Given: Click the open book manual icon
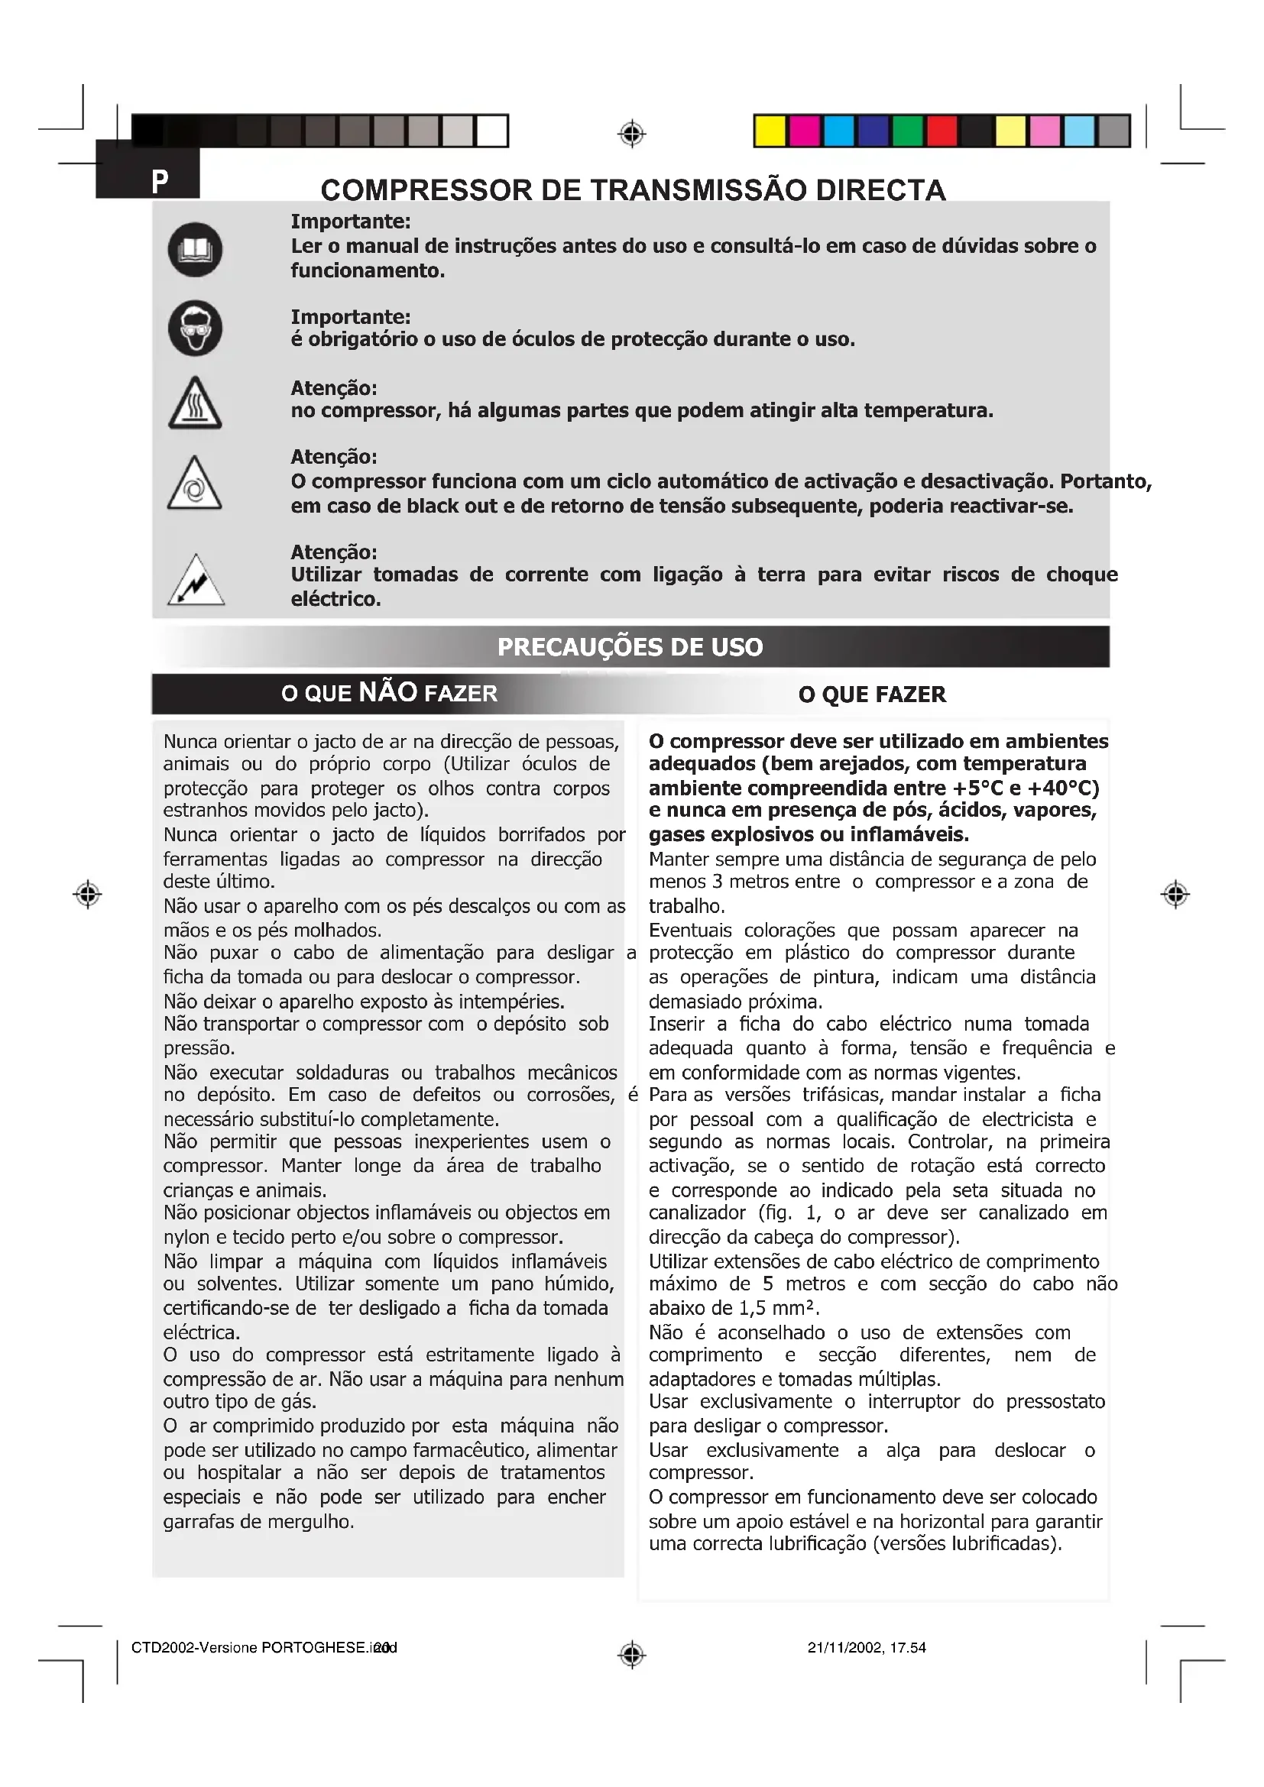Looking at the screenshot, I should click(x=195, y=250).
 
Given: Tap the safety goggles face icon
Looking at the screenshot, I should click(x=195, y=329).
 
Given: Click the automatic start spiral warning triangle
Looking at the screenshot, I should click(x=194, y=485).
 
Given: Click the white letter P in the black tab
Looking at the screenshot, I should click(x=160, y=181).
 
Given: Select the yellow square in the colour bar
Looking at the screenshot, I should click(x=770, y=131).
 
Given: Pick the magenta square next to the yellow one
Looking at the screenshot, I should click(x=804, y=131).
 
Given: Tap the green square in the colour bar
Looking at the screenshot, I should click(x=907, y=131).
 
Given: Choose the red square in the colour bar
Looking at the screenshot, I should click(x=941, y=131).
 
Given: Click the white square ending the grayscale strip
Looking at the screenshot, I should click(x=492, y=131).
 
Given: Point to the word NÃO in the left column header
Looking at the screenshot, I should click(x=388, y=692).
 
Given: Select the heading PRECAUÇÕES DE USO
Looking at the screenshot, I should click(x=630, y=647).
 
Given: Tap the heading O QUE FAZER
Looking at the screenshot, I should click(x=872, y=694).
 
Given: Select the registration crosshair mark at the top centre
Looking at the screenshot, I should click(x=632, y=134).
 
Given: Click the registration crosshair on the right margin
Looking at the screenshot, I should click(x=1175, y=895).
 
